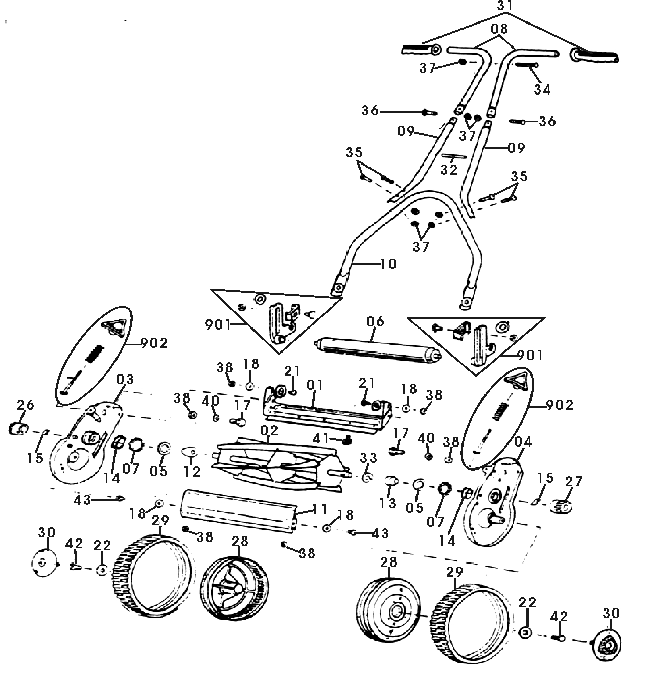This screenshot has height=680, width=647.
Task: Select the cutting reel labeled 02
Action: pos(279,463)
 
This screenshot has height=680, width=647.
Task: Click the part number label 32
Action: pos(449,169)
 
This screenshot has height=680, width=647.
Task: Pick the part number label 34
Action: pos(542,89)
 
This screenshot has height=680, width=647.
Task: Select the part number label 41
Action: pos(320,438)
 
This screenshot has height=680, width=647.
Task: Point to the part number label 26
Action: pos(25,405)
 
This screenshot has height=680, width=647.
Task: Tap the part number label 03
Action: pos(125,379)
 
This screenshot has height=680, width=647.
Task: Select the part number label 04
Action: pos(524,441)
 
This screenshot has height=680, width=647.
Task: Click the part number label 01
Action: pos(315,383)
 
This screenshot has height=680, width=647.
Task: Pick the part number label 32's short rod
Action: pos(454,157)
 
